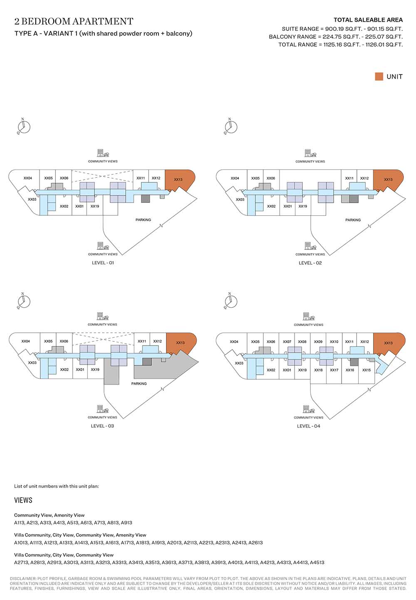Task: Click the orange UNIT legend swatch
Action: point(379,76)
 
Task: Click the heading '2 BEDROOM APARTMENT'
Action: point(74,21)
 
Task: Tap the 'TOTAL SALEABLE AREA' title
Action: point(368,20)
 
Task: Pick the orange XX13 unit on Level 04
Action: point(389,343)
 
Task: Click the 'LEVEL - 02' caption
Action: point(310,263)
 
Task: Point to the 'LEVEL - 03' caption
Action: point(102,426)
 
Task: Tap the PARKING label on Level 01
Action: point(143,219)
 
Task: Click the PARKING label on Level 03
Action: point(139,383)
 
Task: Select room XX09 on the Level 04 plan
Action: point(318,342)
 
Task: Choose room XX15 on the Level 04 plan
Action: point(366,370)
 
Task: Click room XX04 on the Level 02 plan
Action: point(235,178)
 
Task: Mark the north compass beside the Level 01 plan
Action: point(24,126)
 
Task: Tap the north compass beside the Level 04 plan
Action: point(231,301)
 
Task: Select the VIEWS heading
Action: point(23,500)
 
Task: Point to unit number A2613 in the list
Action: point(255,543)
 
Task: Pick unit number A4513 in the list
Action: point(317,563)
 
